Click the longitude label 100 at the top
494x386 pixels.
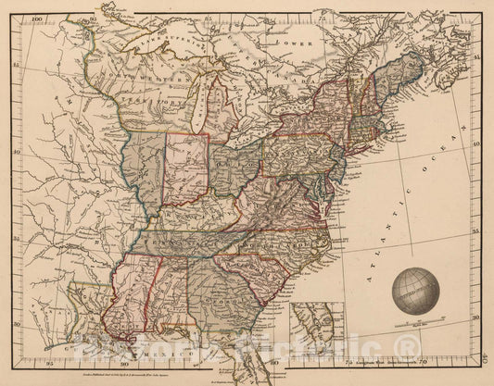[x=37, y=18]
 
